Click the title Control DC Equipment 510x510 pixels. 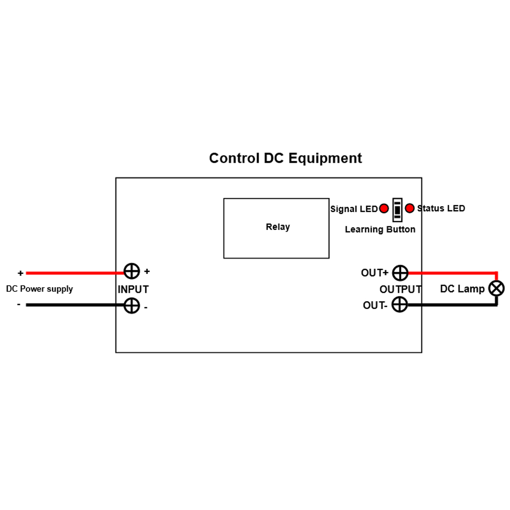point(285,158)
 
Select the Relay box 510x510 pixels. point(276,228)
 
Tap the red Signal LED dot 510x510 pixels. point(384,209)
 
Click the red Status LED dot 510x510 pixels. point(409,208)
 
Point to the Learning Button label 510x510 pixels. point(380,229)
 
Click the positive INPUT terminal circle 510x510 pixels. point(132,272)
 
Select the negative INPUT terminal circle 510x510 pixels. point(132,305)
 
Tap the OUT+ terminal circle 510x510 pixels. point(400,273)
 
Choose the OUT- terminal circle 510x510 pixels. point(400,305)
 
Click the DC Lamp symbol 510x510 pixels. point(496,289)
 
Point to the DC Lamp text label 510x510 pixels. point(462,289)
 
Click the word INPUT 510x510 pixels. point(133,290)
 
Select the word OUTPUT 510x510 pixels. point(400,290)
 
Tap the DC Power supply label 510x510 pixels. point(39,289)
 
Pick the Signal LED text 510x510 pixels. point(353,209)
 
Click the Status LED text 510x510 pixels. point(441,208)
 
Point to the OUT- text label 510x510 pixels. point(375,305)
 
